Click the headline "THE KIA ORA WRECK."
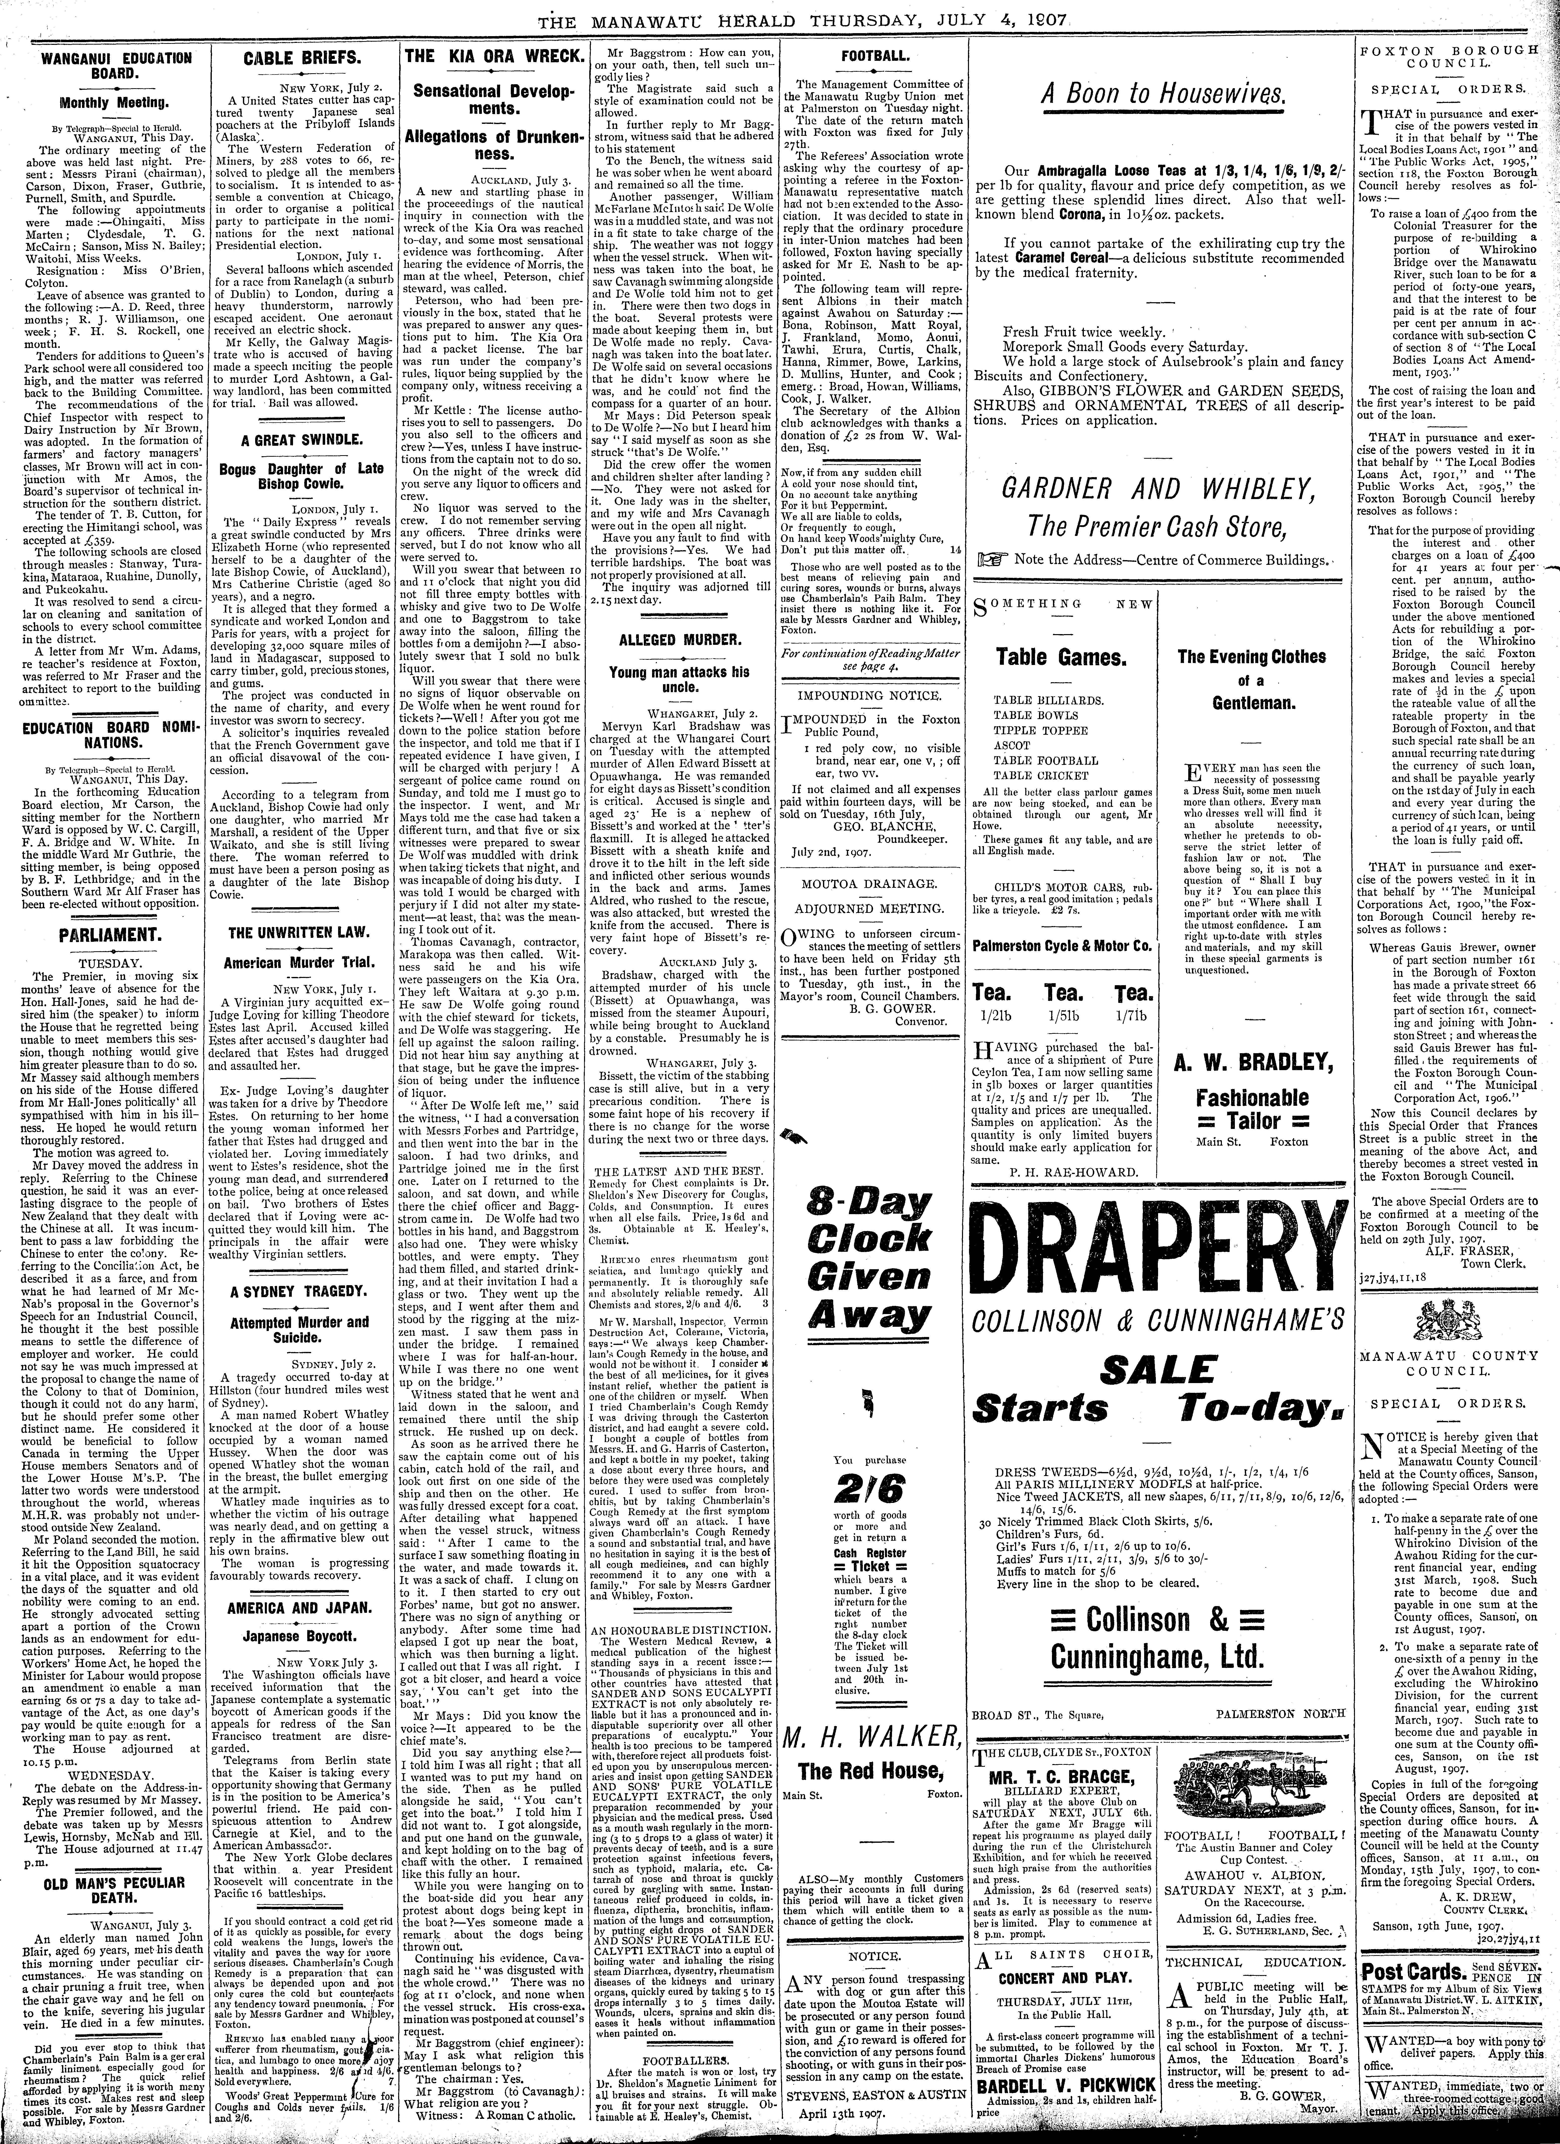click(492, 57)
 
